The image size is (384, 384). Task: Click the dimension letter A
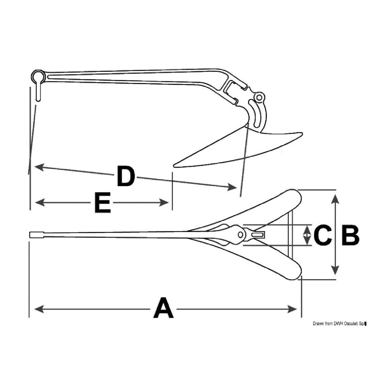tap(164, 308)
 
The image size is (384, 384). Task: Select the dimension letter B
tap(350, 235)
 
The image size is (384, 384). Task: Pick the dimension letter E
tap(102, 202)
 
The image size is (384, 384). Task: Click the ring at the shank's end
tap(37, 76)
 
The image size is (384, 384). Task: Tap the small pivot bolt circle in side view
tap(260, 97)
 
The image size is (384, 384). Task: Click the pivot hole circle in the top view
tap(240, 235)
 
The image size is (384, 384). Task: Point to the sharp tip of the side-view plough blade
tap(175, 165)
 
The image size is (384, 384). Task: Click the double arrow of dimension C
tap(307, 235)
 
